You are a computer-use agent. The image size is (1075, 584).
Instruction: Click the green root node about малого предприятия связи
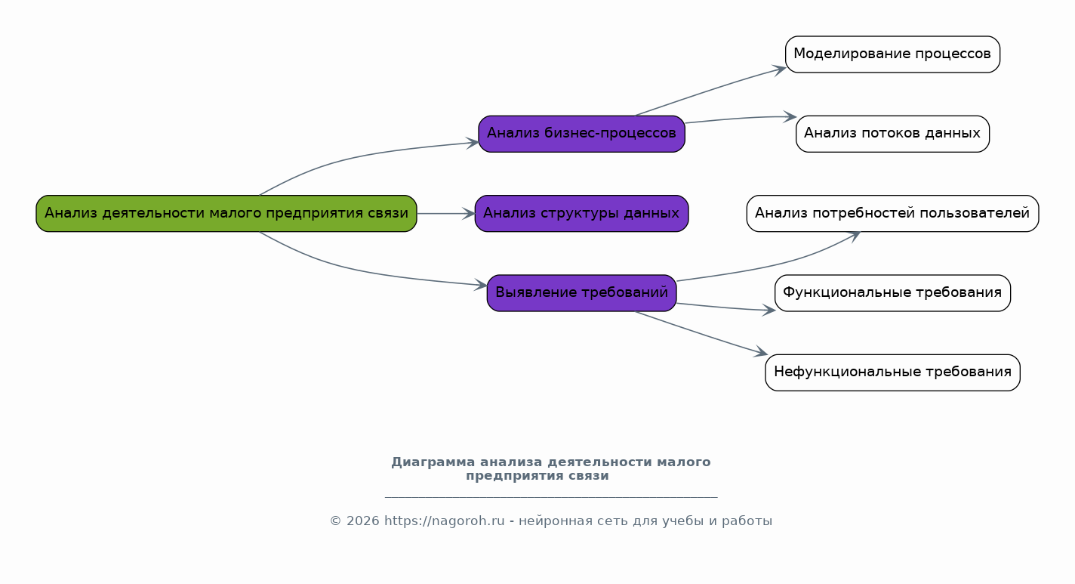point(226,213)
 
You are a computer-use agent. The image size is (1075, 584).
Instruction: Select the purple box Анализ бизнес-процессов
point(581,134)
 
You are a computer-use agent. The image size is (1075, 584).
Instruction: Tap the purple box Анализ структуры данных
point(581,213)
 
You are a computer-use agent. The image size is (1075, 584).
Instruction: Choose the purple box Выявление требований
point(581,292)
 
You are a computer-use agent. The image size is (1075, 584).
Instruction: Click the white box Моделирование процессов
point(892,54)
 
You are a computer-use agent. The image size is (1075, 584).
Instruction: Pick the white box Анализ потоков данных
point(892,134)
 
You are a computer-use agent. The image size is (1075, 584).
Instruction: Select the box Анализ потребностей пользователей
point(892,213)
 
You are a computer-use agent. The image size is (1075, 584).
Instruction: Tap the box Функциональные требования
point(892,292)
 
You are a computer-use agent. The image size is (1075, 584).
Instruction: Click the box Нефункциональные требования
point(892,372)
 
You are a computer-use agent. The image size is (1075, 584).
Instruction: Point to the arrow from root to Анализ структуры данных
point(445,214)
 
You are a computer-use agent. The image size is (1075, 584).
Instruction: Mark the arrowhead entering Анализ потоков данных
point(791,117)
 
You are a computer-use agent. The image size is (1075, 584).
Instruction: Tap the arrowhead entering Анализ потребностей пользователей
point(855,235)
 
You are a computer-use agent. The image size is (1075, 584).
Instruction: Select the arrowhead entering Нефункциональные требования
point(762,353)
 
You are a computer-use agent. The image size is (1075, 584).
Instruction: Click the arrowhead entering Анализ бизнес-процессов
point(473,143)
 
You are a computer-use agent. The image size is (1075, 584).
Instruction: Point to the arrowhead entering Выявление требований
point(482,285)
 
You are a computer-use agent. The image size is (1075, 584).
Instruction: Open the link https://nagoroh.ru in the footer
point(444,521)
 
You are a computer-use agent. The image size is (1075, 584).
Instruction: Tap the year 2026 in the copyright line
point(363,521)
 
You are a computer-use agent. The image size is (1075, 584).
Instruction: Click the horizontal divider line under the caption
point(551,497)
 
